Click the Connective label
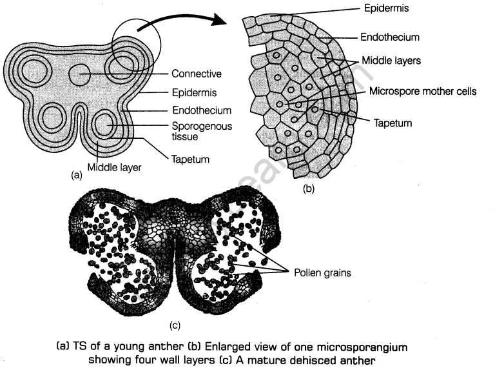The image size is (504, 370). tap(197, 74)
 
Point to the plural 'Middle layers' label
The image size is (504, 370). tap(391, 61)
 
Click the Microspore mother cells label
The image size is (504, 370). tap(422, 92)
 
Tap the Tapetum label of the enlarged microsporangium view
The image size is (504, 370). tap(391, 121)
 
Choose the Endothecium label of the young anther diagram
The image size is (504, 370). tap(202, 110)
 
